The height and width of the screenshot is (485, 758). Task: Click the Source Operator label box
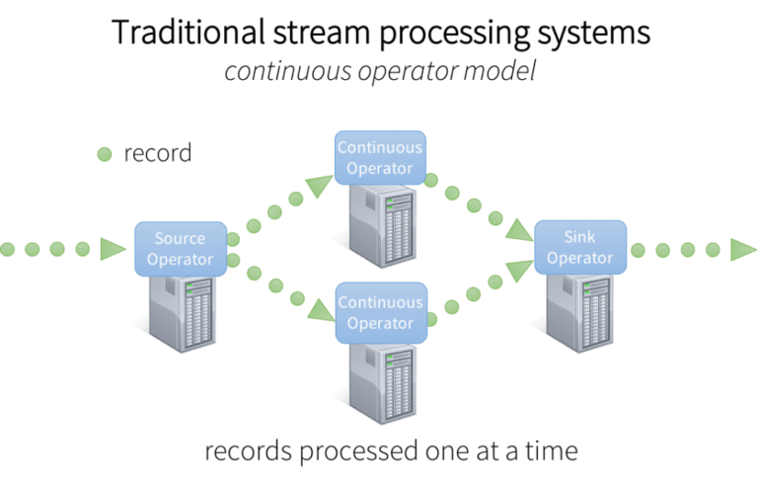180,249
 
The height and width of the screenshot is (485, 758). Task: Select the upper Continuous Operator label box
379,157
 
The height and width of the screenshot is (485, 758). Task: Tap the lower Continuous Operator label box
379,313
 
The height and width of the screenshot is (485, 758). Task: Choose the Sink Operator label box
579,248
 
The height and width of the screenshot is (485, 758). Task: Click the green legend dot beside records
104,154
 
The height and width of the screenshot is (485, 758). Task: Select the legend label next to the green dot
155,154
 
